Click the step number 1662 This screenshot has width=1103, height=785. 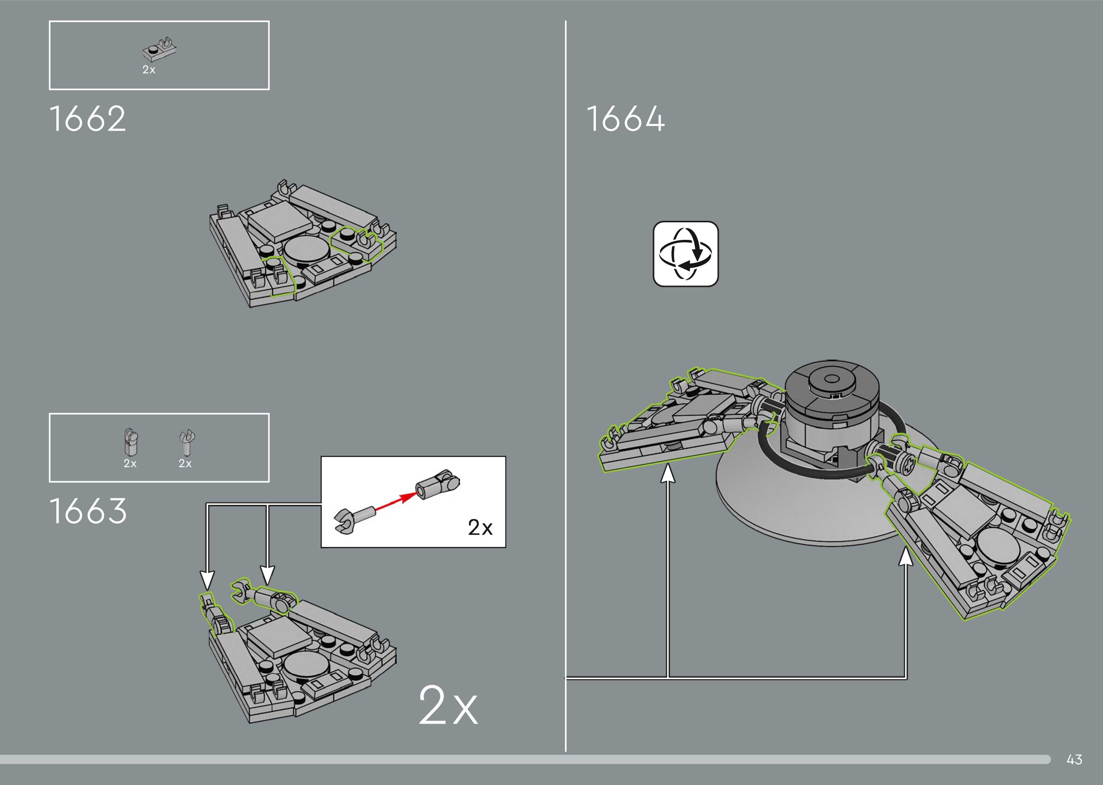point(88,119)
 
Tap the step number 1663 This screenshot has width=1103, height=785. point(88,512)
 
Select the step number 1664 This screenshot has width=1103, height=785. point(625,119)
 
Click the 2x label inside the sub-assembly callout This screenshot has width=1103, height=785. point(480,527)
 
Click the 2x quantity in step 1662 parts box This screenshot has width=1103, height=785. point(149,70)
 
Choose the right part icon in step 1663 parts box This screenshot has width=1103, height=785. point(186,442)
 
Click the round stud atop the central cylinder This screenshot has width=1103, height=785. point(831,380)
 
